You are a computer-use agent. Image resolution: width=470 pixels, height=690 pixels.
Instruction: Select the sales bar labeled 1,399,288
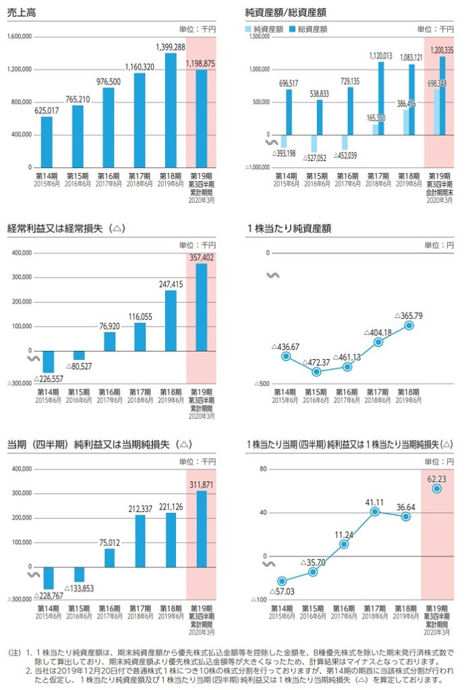point(171,110)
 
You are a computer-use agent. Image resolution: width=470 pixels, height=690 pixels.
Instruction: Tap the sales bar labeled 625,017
point(47,142)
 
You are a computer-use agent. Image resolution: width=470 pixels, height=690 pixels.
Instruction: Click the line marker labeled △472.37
point(317,371)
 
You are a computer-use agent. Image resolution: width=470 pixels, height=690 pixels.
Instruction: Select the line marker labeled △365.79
point(409,325)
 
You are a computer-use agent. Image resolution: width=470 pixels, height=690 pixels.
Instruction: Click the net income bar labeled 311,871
point(202,529)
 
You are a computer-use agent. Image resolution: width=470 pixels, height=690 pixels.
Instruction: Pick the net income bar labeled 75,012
point(109,558)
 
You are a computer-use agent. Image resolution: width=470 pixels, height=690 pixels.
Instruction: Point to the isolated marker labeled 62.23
point(437,488)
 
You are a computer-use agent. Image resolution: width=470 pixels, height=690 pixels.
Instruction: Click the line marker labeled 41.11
point(375,511)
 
